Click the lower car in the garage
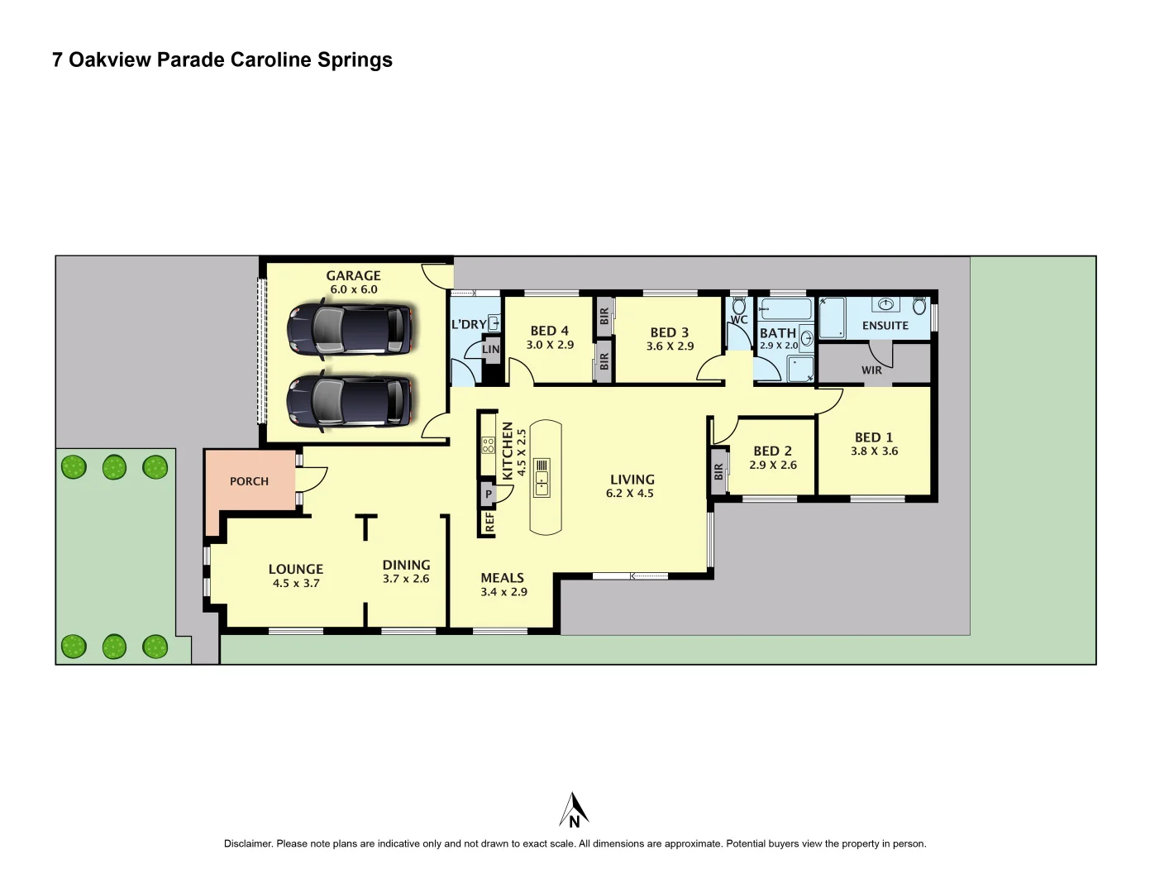click(x=349, y=402)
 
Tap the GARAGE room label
click(x=353, y=275)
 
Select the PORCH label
click(x=249, y=481)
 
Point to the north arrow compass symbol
click(x=574, y=810)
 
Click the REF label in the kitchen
click(x=489, y=523)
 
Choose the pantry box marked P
click(x=489, y=494)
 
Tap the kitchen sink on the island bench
click(x=542, y=477)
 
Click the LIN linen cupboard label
click(x=491, y=349)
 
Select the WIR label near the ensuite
click(x=871, y=370)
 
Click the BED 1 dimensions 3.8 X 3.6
click(x=874, y=451)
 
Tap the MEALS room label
click(x=503, y=578)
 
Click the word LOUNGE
click(x=296, y=569)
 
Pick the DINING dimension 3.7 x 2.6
click(x=406, y=579)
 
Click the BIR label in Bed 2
click(x=718, y=472)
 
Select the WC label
click(x=739, y=320)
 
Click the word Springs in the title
click(x=355, y=60)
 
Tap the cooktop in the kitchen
click(x=489, y=445)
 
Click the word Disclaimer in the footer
click(x=248, y=844)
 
